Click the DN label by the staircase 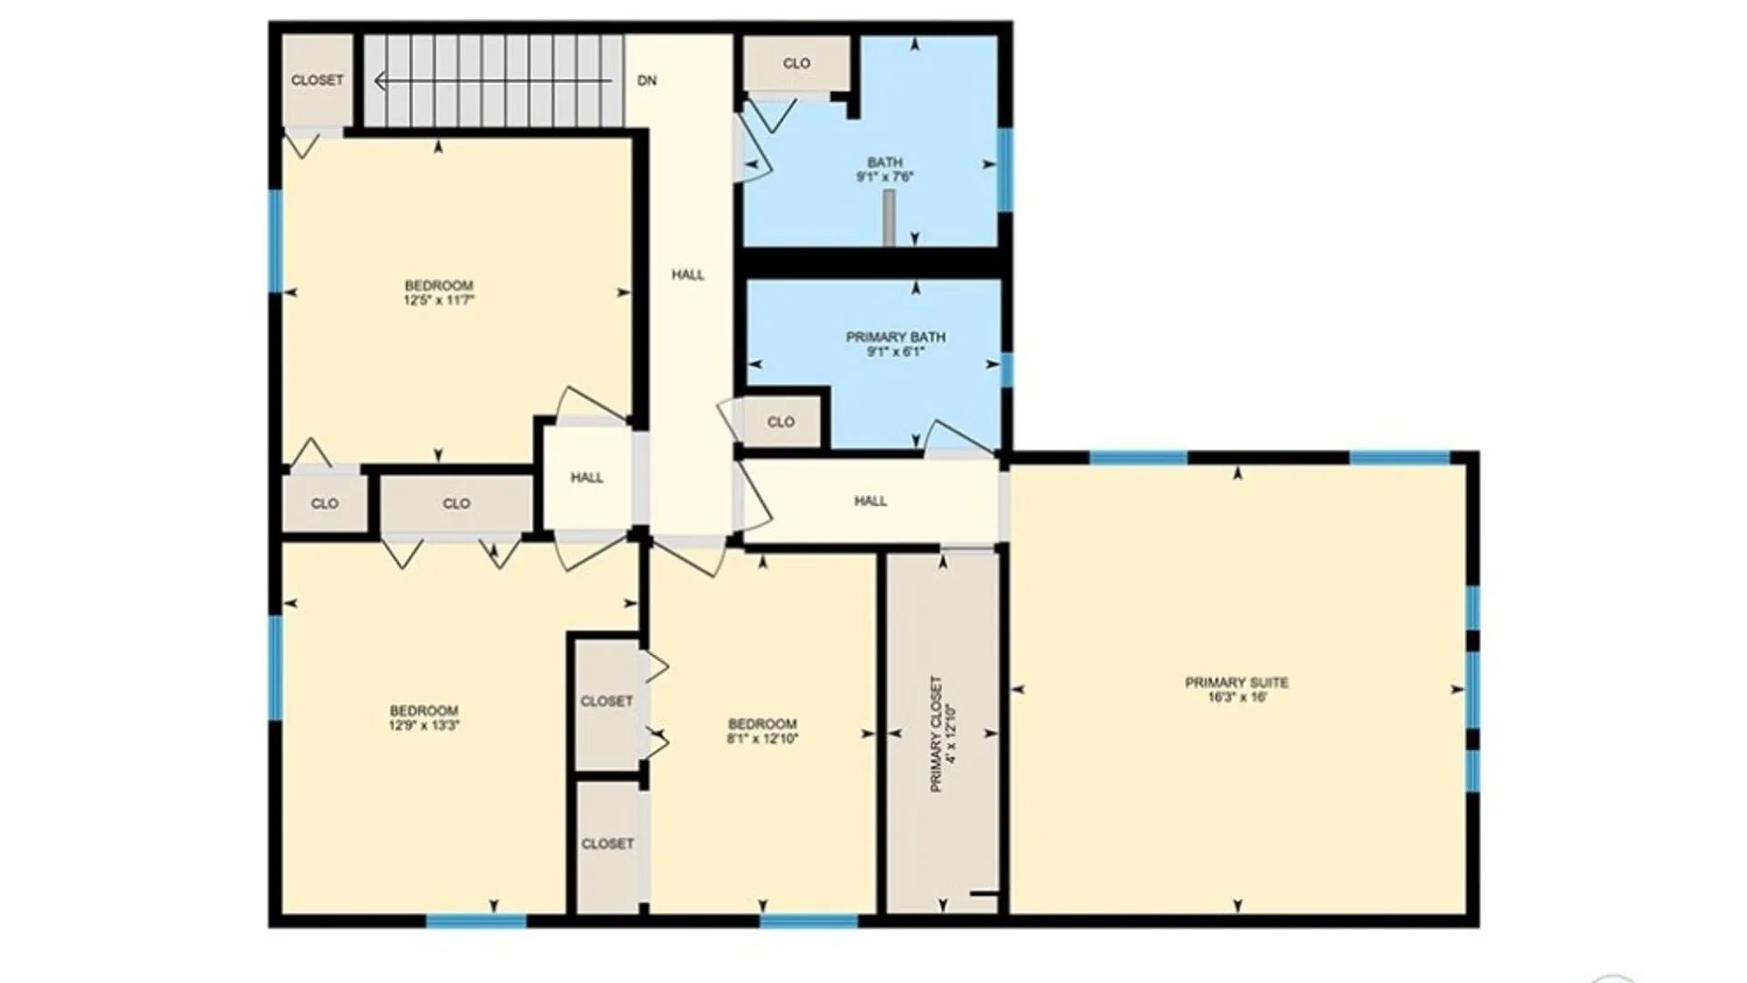tap(647, 81)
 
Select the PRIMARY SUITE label tap(1237, 683)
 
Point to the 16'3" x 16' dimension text tap(1237, 698)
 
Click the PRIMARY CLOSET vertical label tap(936, 734)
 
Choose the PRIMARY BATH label tap(895, 338)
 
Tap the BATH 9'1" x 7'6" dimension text tap(884, 177)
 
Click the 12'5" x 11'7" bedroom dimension tap(439, 300)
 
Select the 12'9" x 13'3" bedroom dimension tap(424, 726)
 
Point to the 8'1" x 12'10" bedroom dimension tap(762, 739)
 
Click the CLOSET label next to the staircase tap(318, 80)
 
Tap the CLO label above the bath tap(796, 64)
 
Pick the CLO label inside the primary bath tap(781, 422)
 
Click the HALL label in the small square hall tap(587, 478)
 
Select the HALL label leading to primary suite tap(871, 502)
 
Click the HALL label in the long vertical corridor tap(688, 275)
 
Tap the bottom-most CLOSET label tap(608, 845)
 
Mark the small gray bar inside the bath tap(889, 218)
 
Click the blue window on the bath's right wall tap(1005, 170)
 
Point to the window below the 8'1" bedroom tap(809, 921)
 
